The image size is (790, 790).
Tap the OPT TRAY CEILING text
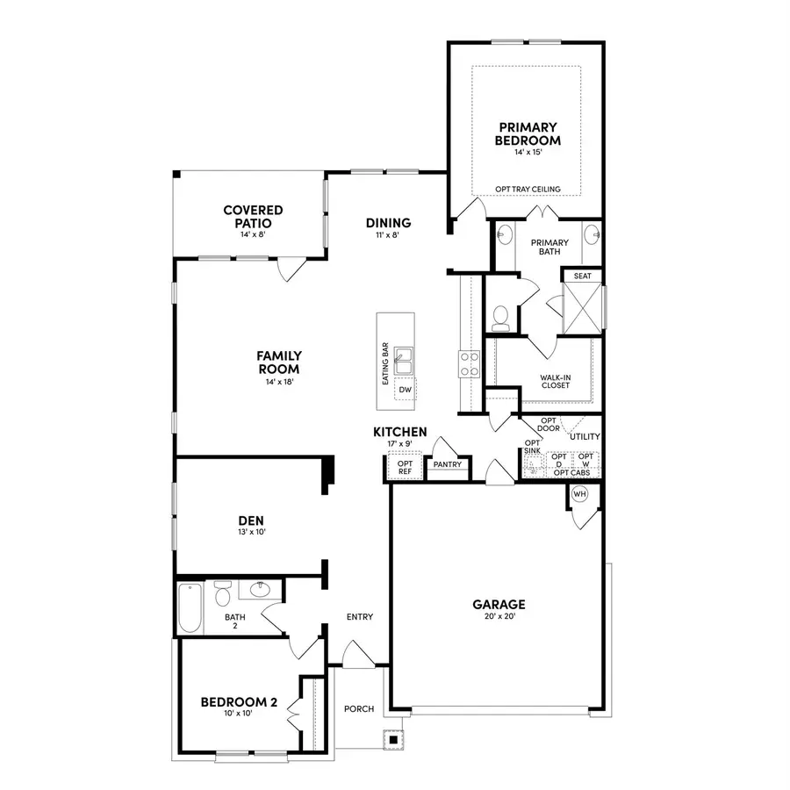(528, 189)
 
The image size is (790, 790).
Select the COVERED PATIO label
(253, 216)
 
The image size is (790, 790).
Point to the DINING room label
(388, 223)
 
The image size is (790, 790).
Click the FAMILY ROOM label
(279, 362)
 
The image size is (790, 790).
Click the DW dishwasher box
(405, 390)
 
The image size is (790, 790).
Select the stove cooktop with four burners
(469, 364)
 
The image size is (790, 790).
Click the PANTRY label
(447, 465)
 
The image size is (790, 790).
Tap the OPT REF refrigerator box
(405, 468)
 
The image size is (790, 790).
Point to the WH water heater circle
(579, 495)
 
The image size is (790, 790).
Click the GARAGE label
(499, 604)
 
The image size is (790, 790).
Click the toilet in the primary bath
(500, 314)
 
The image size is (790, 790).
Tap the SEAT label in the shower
(582, 276)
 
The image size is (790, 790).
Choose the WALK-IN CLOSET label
(555, 381)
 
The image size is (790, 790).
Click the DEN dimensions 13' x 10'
(250, 533)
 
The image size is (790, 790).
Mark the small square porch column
(393, 740)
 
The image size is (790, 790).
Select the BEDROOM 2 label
(239, 702)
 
